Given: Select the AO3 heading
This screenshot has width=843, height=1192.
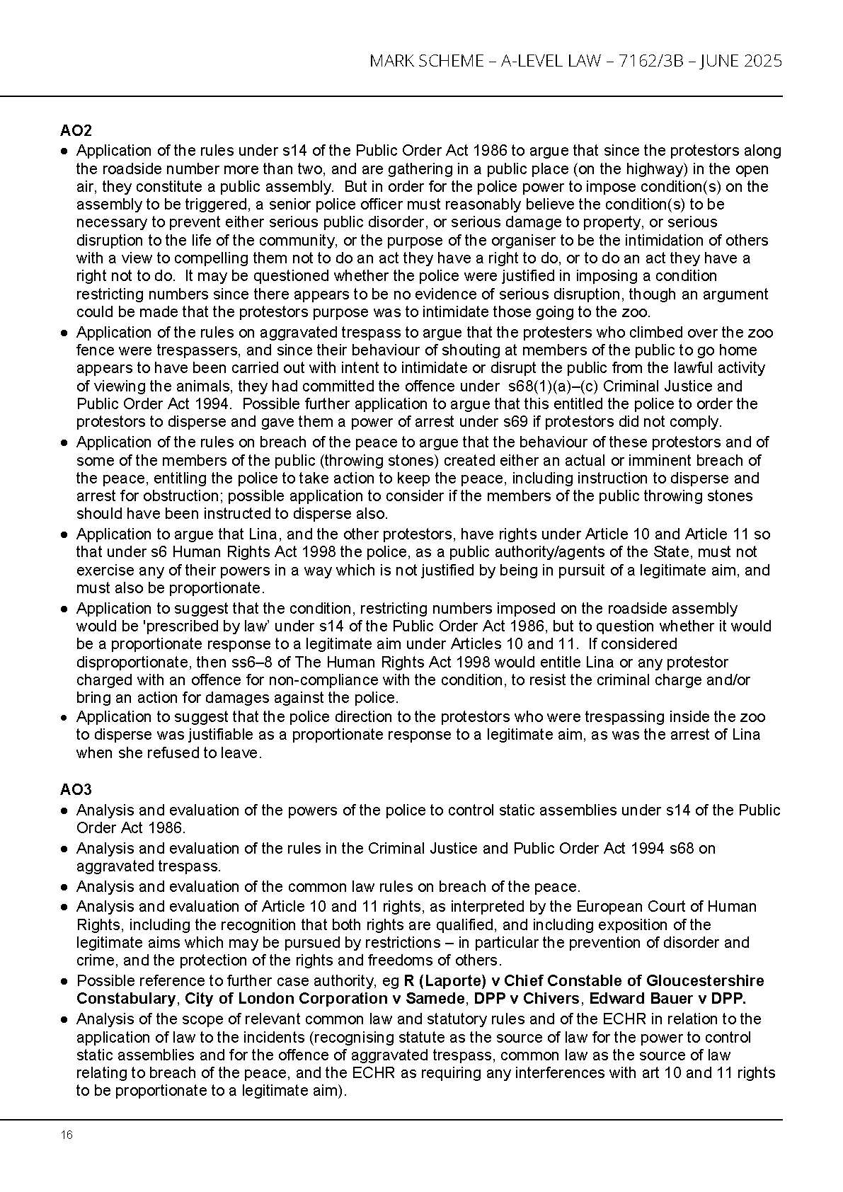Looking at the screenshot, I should (76, 789).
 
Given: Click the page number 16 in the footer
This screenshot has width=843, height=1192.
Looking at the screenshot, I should (67, 1135).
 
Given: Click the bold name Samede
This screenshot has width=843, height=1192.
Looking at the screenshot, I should (438, 999).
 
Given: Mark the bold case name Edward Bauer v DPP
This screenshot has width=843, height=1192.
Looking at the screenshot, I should (667, 999).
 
